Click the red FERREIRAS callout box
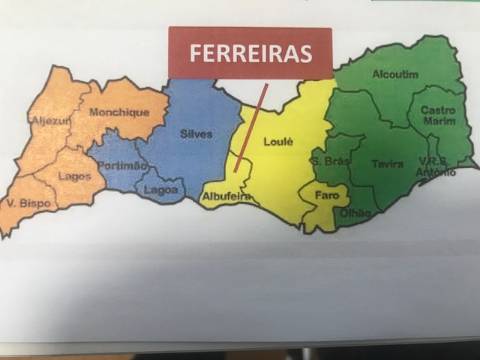250,53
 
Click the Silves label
196,133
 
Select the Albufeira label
225,196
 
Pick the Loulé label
278,143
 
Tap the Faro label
326,195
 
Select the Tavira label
387,163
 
